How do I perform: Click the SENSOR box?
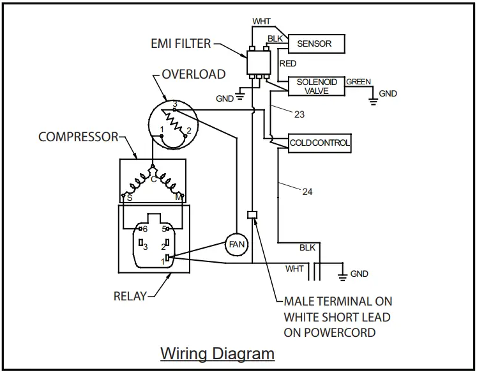click(316, 43)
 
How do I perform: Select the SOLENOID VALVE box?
click(316, 86)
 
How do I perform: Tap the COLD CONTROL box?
click(320, 143)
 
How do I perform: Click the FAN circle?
click(237, 244)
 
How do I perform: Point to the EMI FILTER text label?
click(181, 44)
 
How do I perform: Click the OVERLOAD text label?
click(193, 74)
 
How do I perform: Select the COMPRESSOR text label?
click(79, 137)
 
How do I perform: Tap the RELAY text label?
click(130, 296)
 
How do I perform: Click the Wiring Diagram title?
click(217, 353)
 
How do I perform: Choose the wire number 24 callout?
click(307, 192)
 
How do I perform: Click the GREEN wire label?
click(358, 82)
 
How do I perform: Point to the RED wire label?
click(288, 64)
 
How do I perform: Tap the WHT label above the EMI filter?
click(261, 21)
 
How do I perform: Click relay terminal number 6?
click(145, 229)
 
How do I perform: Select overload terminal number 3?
click(174, 103)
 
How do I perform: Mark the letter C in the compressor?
click(154, 180)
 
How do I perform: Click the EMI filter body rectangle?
click(257, 63)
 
